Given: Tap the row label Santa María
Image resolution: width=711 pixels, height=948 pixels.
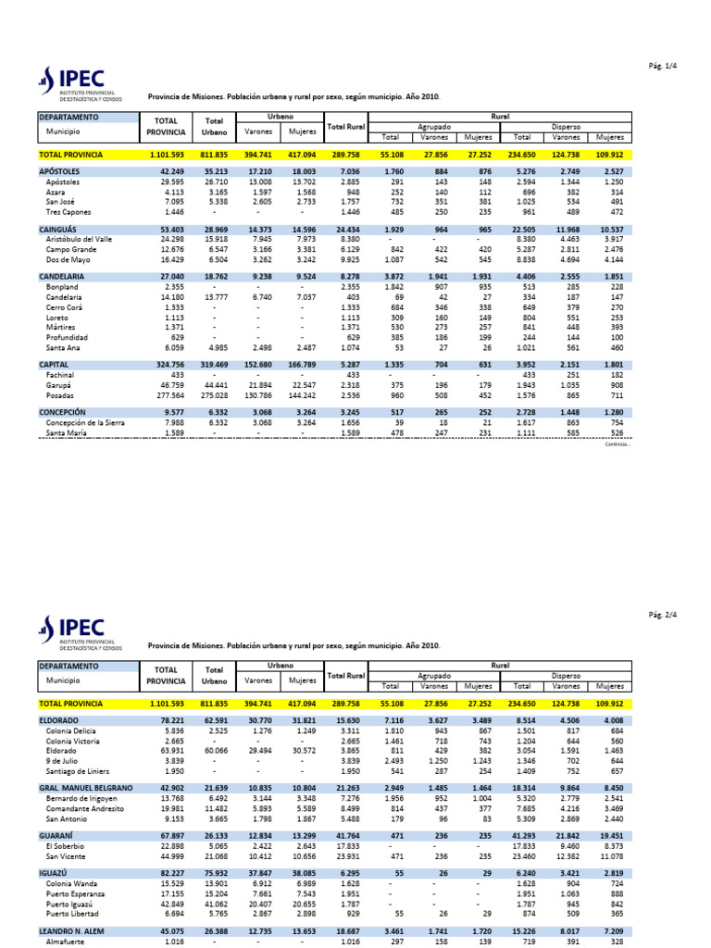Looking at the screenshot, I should pyautogui.click(x=69, y=432).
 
